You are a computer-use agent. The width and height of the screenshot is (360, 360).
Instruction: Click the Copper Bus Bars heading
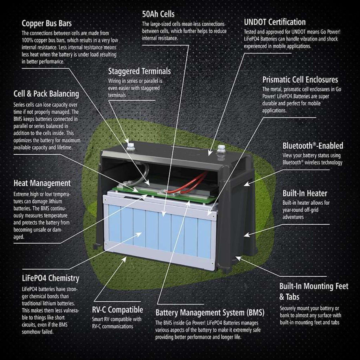click(x=46, y=24)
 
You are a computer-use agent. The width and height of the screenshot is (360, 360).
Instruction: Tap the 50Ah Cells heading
click(x=158, y=14)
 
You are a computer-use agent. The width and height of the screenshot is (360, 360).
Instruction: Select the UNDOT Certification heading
click(x=275, y=22)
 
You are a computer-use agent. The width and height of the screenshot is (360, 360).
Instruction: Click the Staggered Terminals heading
click(x=139, y=71)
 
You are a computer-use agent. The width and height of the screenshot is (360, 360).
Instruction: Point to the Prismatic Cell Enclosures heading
click(x=300, y=79)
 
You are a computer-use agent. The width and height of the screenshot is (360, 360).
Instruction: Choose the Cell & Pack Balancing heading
click(x=46, y=94)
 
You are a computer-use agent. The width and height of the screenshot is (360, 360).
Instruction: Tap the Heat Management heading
click(x=42, y=183)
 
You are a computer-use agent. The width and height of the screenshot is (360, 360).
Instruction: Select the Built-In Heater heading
click(x=305, y=193)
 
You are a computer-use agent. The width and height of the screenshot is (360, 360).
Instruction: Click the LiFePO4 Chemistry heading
click(x=50, y=278)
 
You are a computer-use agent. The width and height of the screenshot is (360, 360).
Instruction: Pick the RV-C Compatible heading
click(x=117, y=310)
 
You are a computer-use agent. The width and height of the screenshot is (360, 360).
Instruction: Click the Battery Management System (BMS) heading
click(x=210, y=312)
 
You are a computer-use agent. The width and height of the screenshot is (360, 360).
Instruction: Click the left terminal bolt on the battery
click(x=131, y=147)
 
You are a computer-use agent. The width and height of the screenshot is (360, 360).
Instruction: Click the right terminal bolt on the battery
click(x=221, y=149)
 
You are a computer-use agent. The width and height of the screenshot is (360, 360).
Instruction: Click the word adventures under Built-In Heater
click(x=293, y=217)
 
